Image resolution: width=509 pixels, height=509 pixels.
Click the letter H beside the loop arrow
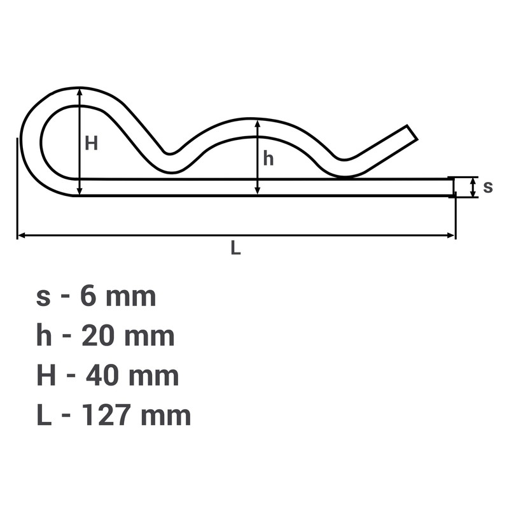91,143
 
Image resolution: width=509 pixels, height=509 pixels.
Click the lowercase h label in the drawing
268,158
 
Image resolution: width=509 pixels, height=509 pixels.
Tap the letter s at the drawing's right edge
488,187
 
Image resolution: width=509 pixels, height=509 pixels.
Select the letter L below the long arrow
235,249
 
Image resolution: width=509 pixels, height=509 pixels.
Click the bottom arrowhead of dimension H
80,192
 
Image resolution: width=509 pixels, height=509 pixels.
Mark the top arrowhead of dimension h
258,124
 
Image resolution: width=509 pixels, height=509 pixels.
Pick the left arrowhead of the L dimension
22,235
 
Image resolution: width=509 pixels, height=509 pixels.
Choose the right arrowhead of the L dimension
451,235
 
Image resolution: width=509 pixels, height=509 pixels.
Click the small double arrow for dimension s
473,187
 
